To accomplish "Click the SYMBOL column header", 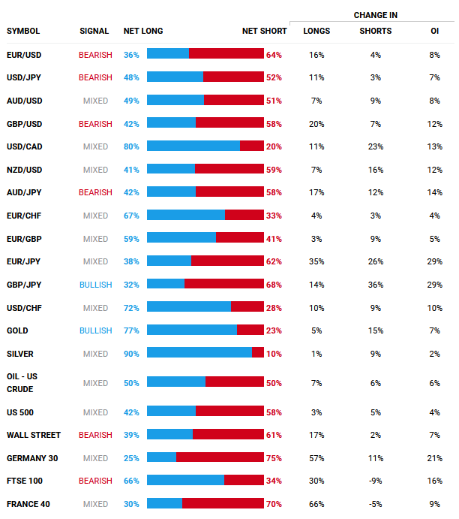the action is tap(23, 31).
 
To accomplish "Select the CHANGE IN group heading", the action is tap(376, 15).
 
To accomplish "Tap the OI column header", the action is tap(434, 31).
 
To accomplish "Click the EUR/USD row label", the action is tap(24, 55).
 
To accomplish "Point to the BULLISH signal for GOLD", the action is tap(96, 330).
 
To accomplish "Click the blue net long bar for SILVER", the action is tap(199, 352).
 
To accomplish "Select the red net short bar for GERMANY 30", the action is tap(220, 457).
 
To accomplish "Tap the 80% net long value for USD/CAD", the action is tap(131, 146).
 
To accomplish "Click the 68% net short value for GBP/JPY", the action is tap(274, 285).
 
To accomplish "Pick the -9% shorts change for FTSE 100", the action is tap(376, 481).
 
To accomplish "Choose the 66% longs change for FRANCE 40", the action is tap(316, 504).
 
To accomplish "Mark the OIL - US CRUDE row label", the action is tap(22, 383).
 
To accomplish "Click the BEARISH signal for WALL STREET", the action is tap(95, 435).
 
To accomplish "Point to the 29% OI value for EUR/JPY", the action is tap(434, 261).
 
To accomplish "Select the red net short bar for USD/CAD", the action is tap(252, 146).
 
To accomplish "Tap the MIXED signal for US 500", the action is tap(95, 412).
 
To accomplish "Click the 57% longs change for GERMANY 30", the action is tap(316, 458).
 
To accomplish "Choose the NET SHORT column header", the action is tap(264, 31).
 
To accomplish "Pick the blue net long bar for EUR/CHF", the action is tap(186, 215).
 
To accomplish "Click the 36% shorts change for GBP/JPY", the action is tap(376, 285).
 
